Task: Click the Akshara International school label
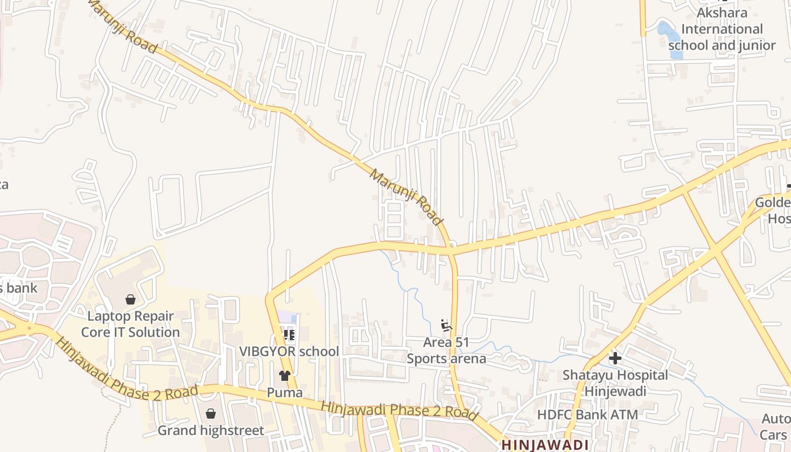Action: pos(722,29)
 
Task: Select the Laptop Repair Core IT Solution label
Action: pos(131,324)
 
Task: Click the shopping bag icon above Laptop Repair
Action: pos(131,299)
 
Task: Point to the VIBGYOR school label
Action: pos(289,351)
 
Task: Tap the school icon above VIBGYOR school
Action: pos(289,335)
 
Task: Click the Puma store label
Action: pos(285,392)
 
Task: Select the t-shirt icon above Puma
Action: pos(285,376)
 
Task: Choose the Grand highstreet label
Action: pos(210,431)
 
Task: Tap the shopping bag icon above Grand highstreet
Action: pos(210,414)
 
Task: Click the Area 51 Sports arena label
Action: pos(446,350)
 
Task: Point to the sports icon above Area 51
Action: pos(446,325)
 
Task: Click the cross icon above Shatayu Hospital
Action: pos(615,358)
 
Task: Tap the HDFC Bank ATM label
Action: pos(587,415)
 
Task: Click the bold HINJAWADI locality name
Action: pos(545,445)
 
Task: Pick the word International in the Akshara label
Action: pos(722,29)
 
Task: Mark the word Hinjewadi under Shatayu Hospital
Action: pos(615,390)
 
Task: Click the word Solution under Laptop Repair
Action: pos(154,332)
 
